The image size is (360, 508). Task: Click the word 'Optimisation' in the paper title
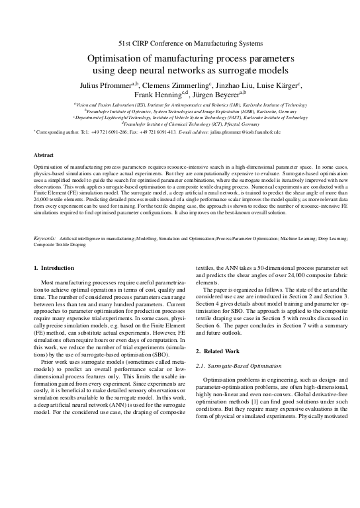pos(118,58)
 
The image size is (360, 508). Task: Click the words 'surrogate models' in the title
pos(251,70)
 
